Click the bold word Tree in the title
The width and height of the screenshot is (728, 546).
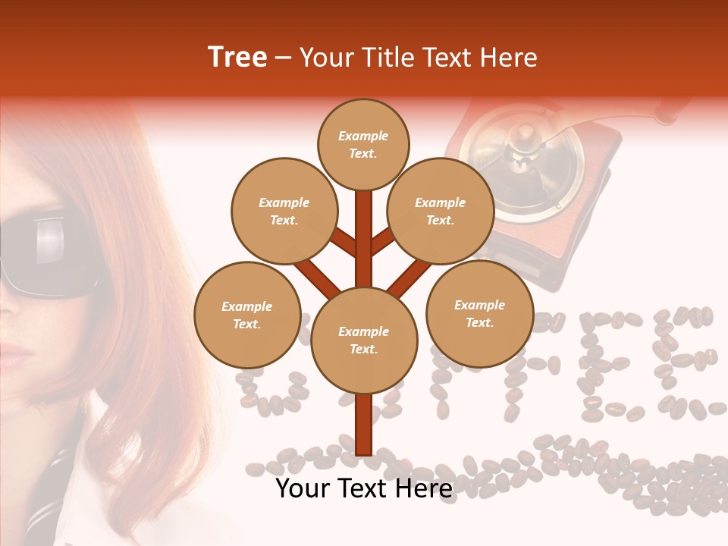(237, 58)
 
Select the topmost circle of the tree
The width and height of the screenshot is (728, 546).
(363, 144)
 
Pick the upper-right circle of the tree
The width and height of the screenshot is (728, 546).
(441, 211)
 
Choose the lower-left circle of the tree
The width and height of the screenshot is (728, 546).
(247, 315)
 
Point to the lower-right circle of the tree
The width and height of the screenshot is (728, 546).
(480, 313)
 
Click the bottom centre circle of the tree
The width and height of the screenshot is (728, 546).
(364, 340)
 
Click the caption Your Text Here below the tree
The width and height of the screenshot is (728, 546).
(364, 488)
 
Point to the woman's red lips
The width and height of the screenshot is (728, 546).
(14, 355)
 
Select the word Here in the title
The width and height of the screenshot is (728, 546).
(510, 58)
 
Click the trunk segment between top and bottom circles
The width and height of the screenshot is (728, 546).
(364, 235)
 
